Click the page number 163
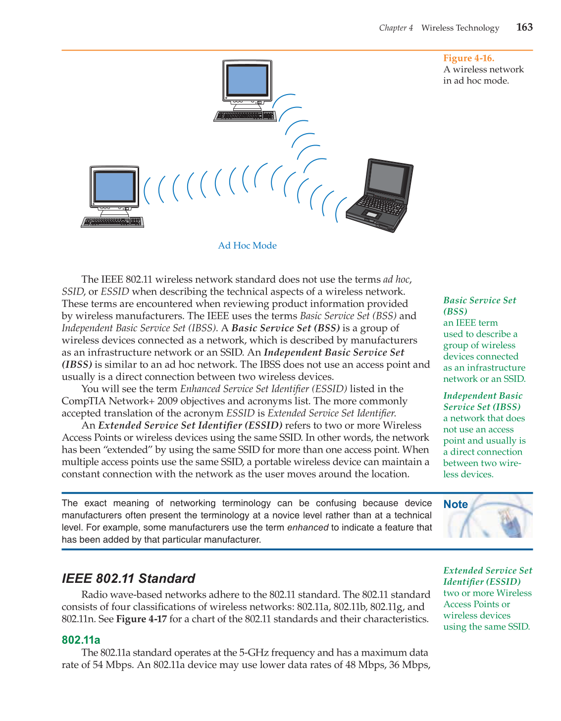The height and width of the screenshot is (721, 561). coord(524,27)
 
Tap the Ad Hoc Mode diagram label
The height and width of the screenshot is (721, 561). coord(247,246)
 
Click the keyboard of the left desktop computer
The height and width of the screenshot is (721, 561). coord(112,222)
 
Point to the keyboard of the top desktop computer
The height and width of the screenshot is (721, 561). coord(245,116)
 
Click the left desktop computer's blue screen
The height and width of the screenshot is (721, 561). coord(114,186)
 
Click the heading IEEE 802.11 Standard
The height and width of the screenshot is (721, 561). coord(128,578)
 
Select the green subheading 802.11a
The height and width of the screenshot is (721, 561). coord(81,640)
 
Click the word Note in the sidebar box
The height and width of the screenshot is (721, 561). coord(456,505)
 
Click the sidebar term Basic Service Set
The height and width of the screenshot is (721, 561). coord(479,301)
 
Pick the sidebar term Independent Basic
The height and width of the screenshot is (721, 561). coord(482,396)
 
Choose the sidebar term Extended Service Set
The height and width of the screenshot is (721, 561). coord(487,570)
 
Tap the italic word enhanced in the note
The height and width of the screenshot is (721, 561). coord(307,527)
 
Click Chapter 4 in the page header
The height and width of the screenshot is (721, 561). coord(396,28)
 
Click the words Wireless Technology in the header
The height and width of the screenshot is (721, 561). coord(460,28)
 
